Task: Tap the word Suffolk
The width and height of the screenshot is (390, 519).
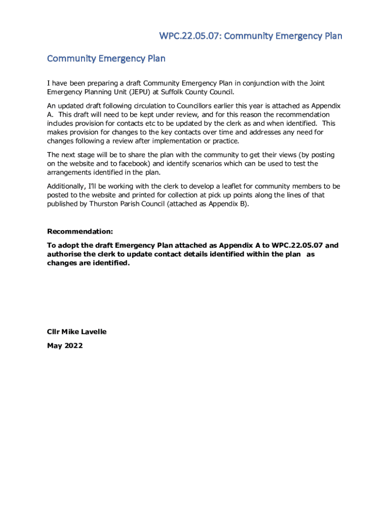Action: (178, 92)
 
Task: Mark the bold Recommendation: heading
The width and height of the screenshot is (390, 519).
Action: (80, 232)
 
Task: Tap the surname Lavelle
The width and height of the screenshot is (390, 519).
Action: (91, 332)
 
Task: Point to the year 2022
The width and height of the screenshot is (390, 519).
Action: (74, 346)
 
